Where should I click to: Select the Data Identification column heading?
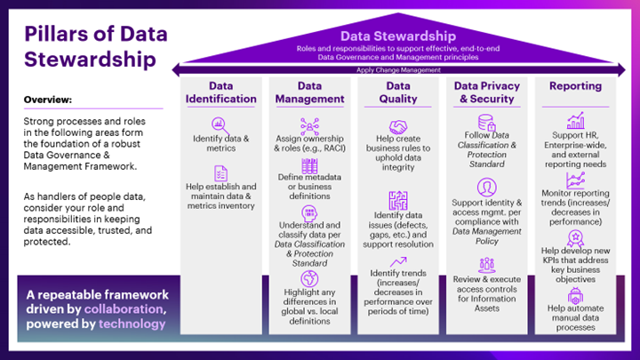(220, 92)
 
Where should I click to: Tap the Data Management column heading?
(308, 92)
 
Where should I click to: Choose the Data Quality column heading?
(397, 92)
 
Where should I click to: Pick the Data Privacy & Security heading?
(485, 92)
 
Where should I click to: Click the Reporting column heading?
(575, 86)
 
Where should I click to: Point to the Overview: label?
(48, 99)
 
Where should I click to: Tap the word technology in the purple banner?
(132, 324)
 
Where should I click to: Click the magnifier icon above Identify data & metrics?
(220, 124)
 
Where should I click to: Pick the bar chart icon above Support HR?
(575, 120)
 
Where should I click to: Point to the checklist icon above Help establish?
(220, 172)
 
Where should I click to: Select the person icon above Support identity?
(485, 187)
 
